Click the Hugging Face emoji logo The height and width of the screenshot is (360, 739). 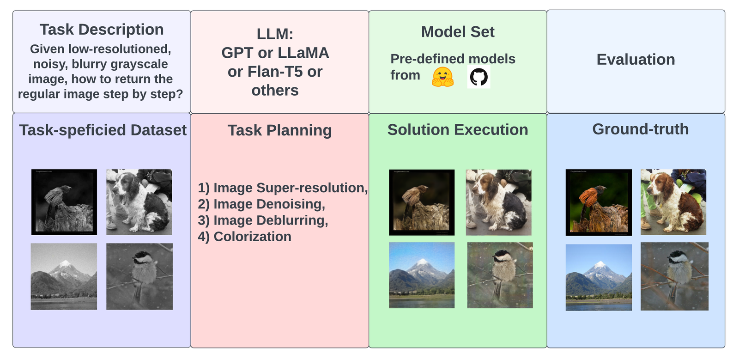coord(442,77)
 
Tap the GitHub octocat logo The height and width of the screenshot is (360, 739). coord(479,77)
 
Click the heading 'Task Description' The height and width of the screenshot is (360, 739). coord(102,30)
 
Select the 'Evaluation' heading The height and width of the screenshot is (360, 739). coord(636,60)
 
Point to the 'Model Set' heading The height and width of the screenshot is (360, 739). coord(458,32)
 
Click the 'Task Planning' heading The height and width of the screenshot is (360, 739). coord(279,130)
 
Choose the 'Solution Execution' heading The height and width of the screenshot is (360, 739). coord(458,130)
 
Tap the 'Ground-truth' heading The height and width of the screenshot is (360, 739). coord(640,129)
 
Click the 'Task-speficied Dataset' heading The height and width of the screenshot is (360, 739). coord(103,130)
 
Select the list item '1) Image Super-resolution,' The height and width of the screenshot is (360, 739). coord(283,188)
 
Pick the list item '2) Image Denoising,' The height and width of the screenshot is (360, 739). coord(261,204)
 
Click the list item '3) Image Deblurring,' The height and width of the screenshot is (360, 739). coord(263,220)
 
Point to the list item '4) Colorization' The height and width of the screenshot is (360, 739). coord(244,237)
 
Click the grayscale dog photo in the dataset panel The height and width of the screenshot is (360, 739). coord(139,202)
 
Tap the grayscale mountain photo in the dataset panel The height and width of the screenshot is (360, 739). coord(64,276)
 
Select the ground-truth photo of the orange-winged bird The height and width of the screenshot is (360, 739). coord(599,202)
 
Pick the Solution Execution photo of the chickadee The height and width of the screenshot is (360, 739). coord(500,275)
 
